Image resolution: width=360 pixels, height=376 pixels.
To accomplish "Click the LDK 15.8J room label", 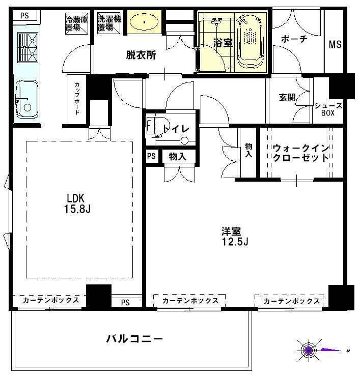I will click(78, 203).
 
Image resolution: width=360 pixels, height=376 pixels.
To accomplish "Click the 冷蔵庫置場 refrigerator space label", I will click(76, 23).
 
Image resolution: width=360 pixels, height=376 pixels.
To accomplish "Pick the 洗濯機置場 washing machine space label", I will click(108, 23).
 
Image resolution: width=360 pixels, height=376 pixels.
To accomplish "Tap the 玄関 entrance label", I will click(287, 97).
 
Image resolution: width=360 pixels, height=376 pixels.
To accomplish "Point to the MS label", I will click(335, 44).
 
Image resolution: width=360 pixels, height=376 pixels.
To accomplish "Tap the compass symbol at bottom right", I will click(309, 350).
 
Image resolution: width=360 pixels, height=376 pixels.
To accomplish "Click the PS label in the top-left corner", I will click(24, 15).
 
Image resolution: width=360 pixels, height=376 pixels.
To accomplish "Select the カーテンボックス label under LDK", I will click(50, 300).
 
